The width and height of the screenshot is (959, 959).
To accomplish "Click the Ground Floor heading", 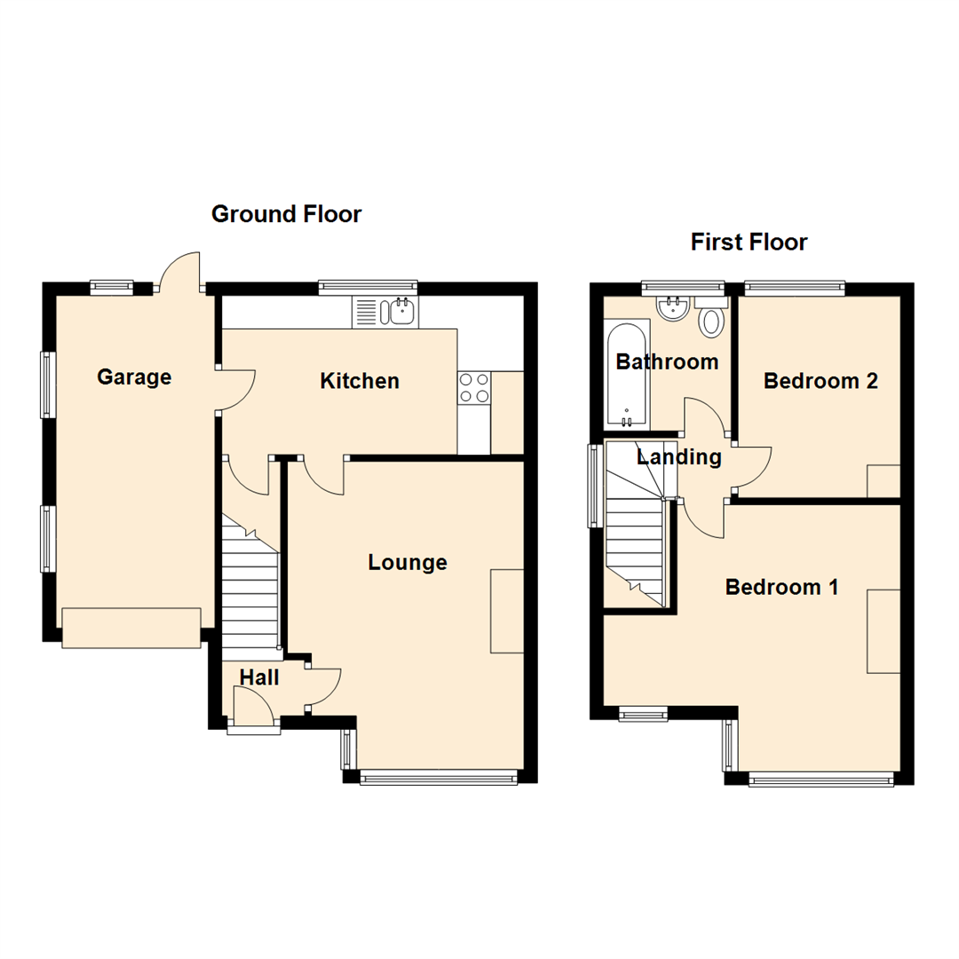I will click(x=286, y=214).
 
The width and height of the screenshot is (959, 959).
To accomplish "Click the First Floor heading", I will click(x=749, y=242).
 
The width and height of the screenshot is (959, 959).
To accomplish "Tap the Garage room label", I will click(x=134, y=377).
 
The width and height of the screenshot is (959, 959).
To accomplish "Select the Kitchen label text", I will click(x=360, y=382).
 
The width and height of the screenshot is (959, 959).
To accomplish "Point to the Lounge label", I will click(x=408, y=562).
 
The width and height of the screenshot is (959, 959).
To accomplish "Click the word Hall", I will click(x=259, y=678).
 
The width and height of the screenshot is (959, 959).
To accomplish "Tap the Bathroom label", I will click(x=667, y=362).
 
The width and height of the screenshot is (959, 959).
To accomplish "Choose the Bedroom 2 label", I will click(x=820, y=381).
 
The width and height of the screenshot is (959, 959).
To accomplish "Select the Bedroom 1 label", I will click(x=782, y=587).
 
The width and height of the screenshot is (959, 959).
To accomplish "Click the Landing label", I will click(x=679, y=457).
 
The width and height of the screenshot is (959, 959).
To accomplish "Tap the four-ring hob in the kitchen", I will click(x=473, y=387).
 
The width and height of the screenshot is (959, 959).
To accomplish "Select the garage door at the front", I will click(x=131, y=628).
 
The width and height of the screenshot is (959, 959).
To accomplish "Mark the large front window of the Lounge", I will click(x=439, y=778).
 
